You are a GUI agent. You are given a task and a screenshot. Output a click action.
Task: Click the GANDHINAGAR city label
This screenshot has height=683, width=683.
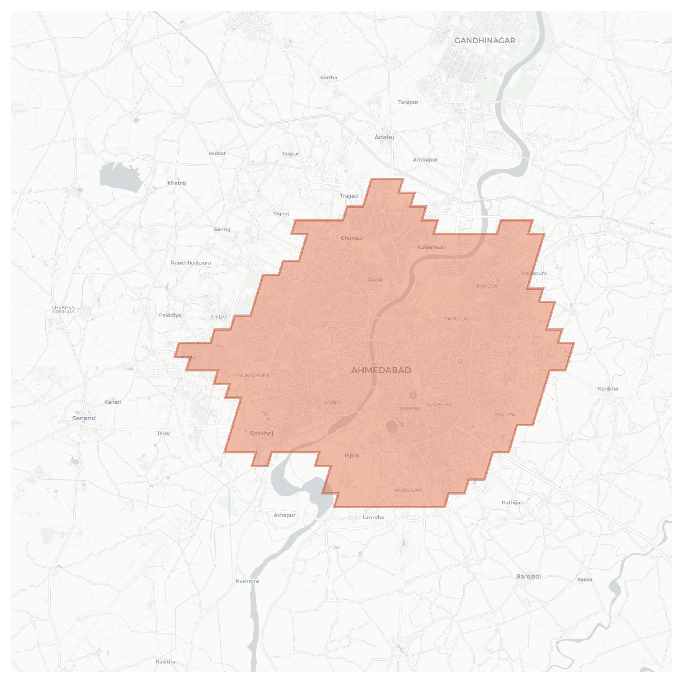[x=485, y=41]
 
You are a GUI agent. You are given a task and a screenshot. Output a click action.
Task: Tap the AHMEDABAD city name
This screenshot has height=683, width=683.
[x=381, y=370]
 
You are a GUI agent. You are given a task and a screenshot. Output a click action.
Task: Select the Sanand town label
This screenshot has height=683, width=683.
[x=84, y=418]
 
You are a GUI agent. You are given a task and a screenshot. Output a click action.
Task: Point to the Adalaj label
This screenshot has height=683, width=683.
[x=384, y=137]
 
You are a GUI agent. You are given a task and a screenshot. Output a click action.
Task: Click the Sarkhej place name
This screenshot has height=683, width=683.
[x=261, y=434]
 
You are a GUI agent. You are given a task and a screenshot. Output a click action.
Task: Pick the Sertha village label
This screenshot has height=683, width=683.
[x=328, y=78]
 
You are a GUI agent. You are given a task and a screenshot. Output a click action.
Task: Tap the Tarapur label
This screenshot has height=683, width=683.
[x=408, y=102]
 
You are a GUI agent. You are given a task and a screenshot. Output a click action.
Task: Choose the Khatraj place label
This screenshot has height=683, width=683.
[x=177, y=183]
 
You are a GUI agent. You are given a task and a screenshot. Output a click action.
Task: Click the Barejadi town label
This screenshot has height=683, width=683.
[x=528, y=576]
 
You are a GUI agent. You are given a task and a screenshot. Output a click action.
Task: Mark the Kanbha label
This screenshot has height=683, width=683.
[x=608, y=388]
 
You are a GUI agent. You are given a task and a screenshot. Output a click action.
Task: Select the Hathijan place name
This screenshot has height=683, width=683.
[x=512, y=502]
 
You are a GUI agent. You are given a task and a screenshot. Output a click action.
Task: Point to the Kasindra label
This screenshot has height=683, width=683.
[x=247, y=581]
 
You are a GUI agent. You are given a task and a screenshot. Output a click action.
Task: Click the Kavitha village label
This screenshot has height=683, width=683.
[x=165, y=662]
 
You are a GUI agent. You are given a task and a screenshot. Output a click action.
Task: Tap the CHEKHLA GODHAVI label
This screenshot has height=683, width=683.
[x=63, y=309]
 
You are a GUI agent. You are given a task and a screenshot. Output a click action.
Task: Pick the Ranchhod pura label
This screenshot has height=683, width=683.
[x=191, y=263]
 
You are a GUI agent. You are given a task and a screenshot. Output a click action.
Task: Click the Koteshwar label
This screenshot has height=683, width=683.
[x=431, y=247]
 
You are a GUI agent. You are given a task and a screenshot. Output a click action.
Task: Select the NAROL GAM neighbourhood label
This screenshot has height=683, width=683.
[x=408, y=490]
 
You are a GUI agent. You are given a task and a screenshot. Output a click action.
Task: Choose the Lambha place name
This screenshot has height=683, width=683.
[x=373, y=517]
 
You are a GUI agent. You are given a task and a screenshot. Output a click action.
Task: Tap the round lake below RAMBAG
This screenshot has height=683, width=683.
[x=391, y=427]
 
